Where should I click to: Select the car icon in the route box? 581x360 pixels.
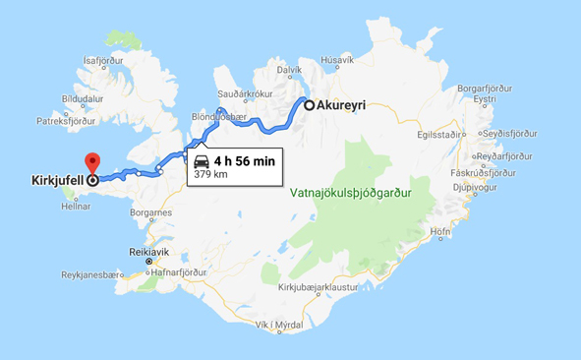tap(202, 161)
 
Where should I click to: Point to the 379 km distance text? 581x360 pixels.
tap(209, 176)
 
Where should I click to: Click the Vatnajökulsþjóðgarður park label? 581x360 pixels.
tap(364, 193)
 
